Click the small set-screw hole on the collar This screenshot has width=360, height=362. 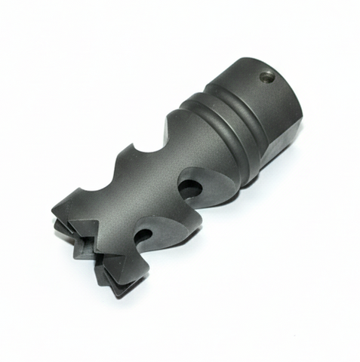(x=266, y=75)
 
